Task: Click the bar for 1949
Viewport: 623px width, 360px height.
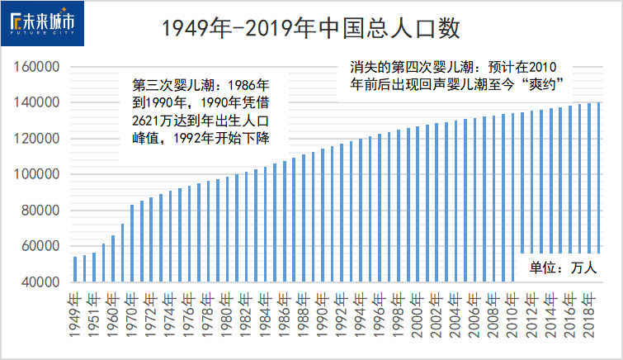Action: pos(75,268)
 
